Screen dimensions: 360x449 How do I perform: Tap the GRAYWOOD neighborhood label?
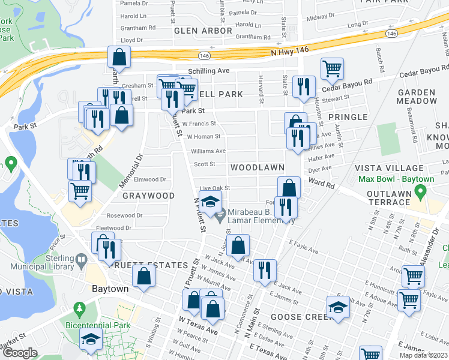pyautogui.click(x=148, y=196)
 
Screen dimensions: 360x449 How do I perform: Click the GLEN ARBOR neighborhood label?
pyautogui.click(x=203, y=31)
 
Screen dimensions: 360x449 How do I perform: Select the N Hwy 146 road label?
pyautogui.click(x=289, y=51)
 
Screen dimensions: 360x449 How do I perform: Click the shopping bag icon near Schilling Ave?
pyautogui.click(x=119, y=58)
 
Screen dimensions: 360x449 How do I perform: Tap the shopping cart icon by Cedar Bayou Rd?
pyautogui.click(x=332, y=68)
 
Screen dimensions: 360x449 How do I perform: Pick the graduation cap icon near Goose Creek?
pyautogui.click(x=339, y=307)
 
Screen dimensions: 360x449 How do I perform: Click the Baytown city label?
pyautogui.click(x=110, y=289)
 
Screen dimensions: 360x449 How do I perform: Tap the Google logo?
pyautogui.click(x=20, y=353)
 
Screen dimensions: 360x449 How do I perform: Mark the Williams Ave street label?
pyautogui.click(x=208, y=151)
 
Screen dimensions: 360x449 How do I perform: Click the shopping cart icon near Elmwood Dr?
pyautogui.click(x=80, y=191)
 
